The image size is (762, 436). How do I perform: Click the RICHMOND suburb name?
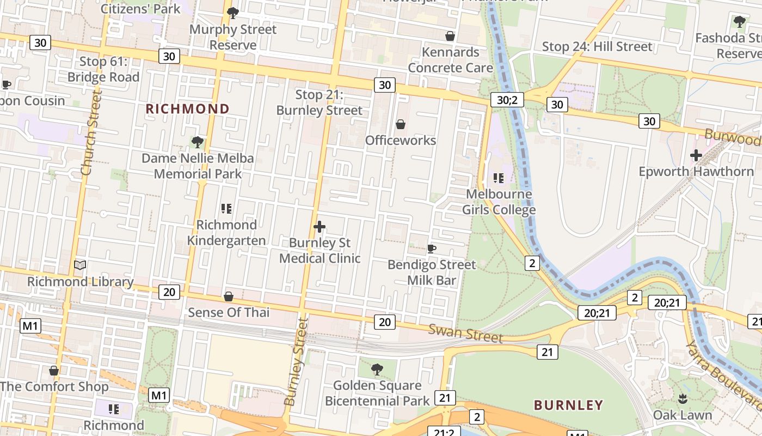click(x=187, y=109)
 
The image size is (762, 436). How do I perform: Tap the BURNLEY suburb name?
click(x=568, y=405)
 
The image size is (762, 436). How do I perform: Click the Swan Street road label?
click(x=465, y=333)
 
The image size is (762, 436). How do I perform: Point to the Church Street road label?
click(x=91, y=134)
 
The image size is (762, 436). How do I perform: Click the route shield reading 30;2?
click(x=507, y=100)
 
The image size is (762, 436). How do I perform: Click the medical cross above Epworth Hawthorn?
click(x=696, y=155)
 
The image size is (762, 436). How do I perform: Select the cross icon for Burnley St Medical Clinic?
click(x=319, y=227)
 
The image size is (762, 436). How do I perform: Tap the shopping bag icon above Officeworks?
click(x=401, y=125)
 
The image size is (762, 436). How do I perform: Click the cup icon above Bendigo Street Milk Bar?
click(x=432, y=249)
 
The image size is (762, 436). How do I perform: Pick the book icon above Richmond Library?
click(x=80, y=265)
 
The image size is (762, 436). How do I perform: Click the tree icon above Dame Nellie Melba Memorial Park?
click(x=198, y=142)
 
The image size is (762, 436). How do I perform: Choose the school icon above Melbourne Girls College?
click(x=499, y=178)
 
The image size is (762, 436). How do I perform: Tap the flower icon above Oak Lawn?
click(x=683, y=399)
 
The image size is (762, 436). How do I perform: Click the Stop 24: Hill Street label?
click(x=597, y=47)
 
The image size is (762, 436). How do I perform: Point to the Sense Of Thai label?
click(x=229, y=312)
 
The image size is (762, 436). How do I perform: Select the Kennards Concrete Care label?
click(x=450, y=60)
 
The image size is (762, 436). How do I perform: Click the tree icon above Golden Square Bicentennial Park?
click(x=377, y=370)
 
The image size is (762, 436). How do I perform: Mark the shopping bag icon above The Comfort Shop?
click(x=54, y=371)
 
